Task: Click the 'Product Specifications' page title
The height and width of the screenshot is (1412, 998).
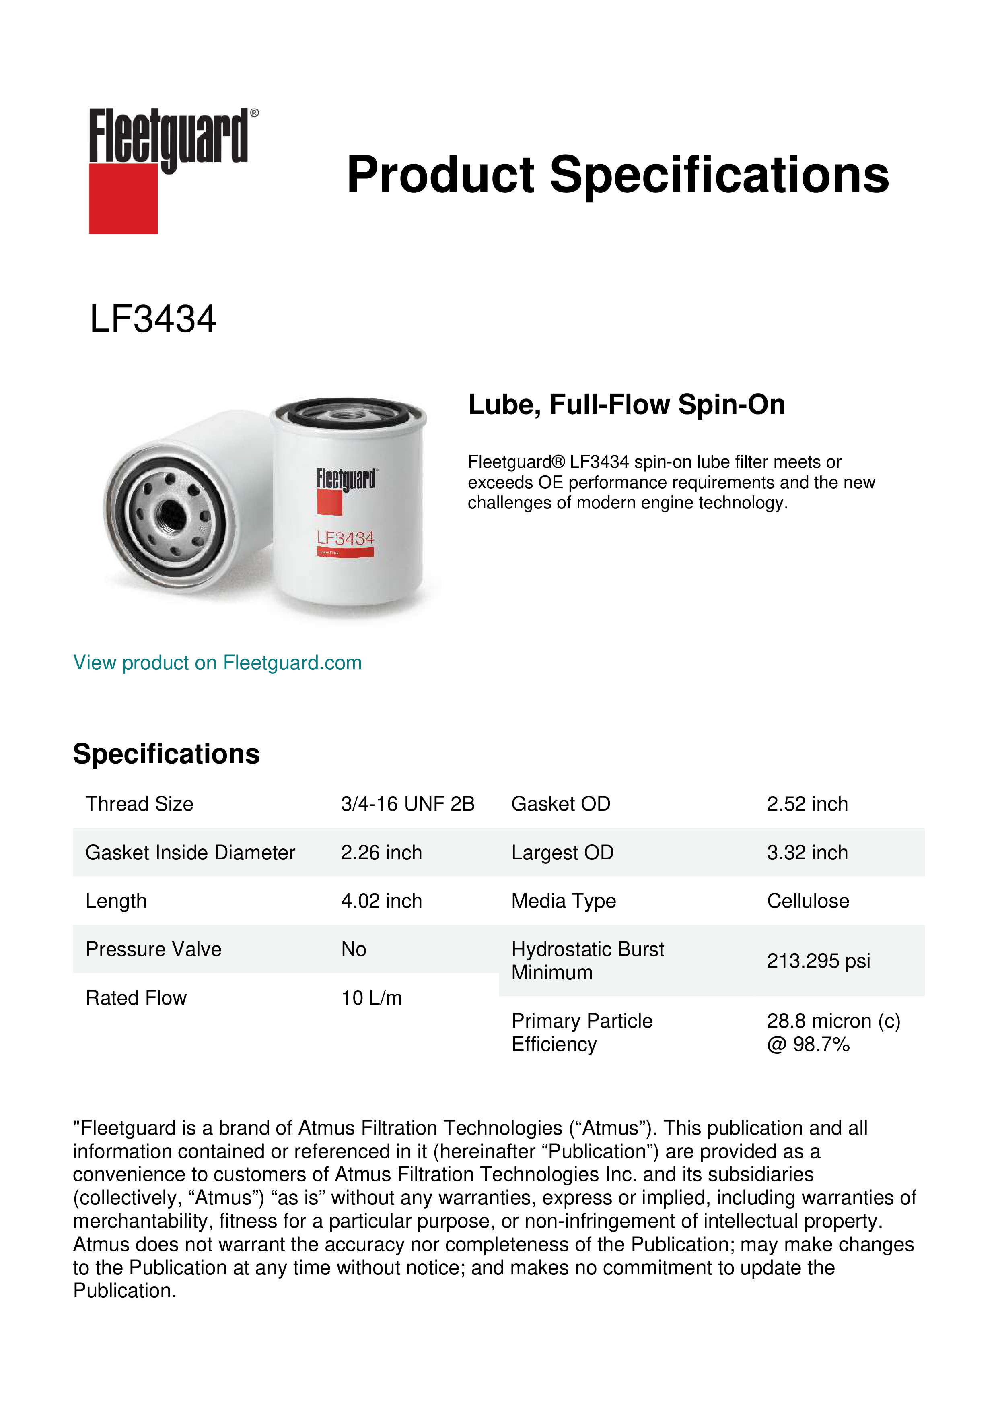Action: point(617,175)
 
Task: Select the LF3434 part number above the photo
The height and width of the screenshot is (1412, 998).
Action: point(153,319)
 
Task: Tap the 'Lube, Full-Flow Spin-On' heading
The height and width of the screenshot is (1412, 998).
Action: point(626,405)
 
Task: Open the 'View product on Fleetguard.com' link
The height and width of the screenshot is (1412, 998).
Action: point(218,663)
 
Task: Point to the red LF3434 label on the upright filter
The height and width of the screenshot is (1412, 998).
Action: point(346,539)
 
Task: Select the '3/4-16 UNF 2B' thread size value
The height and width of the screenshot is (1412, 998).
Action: point(407,804)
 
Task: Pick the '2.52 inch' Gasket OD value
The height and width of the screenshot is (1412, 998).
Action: point(807,804)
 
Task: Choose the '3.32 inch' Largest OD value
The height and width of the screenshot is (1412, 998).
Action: point(807,853)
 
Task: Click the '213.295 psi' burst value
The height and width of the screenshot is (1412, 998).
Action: point(818,961)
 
